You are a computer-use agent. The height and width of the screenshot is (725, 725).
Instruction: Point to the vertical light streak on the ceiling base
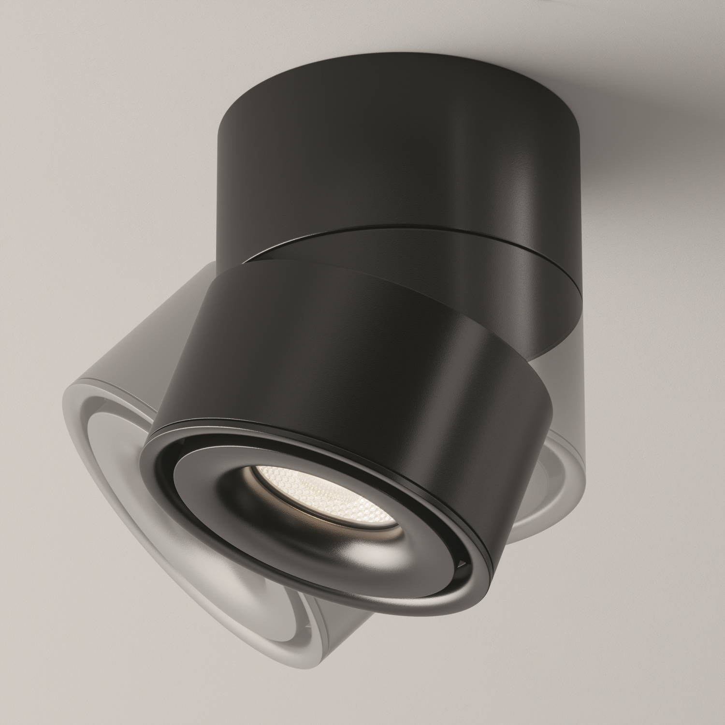[483, 169]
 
